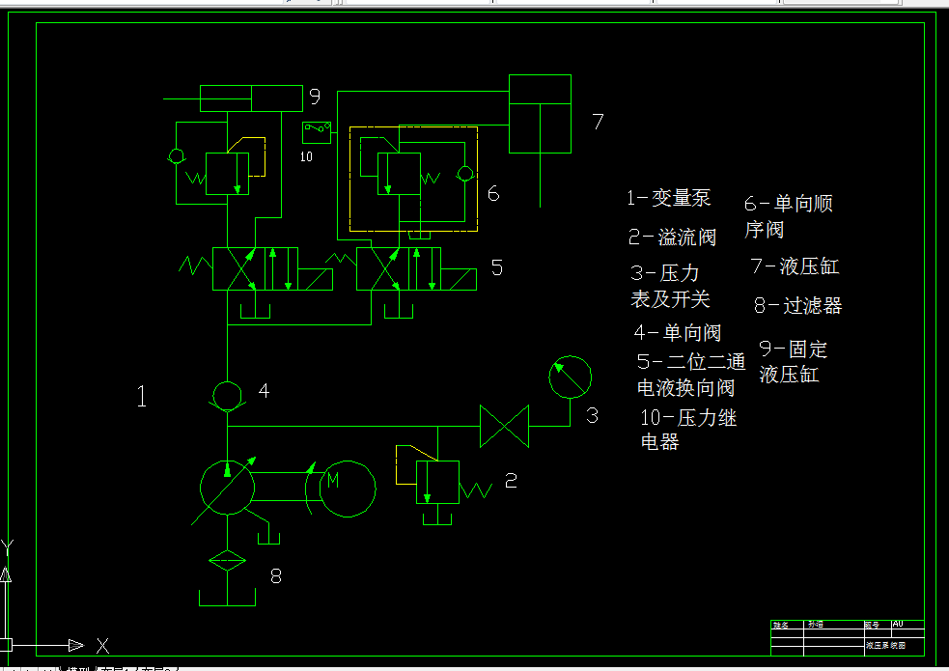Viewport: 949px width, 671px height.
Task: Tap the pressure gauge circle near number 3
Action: click(x=570, y=377)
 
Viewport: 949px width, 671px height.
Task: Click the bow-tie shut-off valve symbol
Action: click(x=505, y=426)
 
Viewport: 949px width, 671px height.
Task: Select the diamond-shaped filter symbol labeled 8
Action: click(x=227, y=561)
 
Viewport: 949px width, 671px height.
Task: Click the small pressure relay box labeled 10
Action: click(x=316, y=130)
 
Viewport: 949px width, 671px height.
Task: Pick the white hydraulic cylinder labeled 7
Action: click(x=540, y=113)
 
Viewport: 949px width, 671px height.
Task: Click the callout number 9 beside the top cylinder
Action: click(x=314, y=97)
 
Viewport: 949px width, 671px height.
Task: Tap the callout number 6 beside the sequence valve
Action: click(x=493, y=193)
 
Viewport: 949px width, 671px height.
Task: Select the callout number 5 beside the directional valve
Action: click(x=496, y=267)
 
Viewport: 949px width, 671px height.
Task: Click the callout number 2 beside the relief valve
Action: click(x=511, y=480)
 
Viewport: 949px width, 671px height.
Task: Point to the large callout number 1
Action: click(x=142, y=396)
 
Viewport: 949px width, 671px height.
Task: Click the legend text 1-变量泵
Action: click(x=668, y=198)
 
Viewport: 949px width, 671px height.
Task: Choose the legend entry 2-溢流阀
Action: click(x=672, y=237)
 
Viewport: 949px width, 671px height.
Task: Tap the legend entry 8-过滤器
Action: click(x=797, y=306)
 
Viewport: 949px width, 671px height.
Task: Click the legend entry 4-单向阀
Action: click(x=678, y=333)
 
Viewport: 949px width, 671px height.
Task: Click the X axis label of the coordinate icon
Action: click(x=102, y=646)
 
